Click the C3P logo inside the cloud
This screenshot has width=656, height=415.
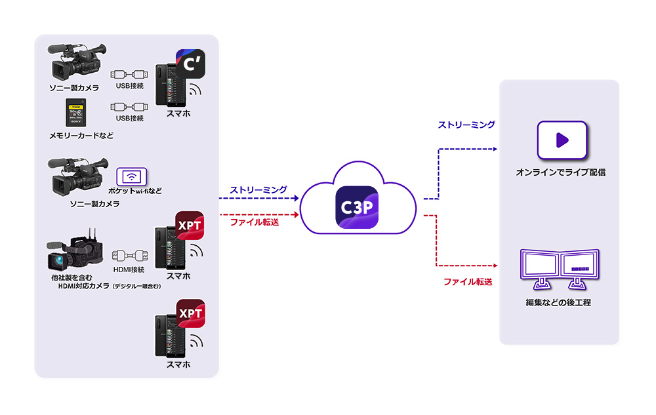point(356,207)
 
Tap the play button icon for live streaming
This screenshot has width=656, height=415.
point(562,140)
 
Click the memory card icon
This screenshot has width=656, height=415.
point(77,113)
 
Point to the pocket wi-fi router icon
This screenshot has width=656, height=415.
point(133,176)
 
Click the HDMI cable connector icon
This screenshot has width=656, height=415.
point(128,255)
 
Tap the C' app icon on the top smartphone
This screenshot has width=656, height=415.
point(189,65)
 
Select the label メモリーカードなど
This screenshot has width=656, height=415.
point(81,136)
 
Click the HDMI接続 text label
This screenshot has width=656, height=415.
point(129,269)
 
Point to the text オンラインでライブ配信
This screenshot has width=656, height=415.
point(560,172)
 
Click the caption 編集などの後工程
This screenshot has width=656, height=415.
point(558,303)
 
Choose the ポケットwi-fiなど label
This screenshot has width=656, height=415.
point(136,191)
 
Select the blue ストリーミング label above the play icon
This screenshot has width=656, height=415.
point(466,124)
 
